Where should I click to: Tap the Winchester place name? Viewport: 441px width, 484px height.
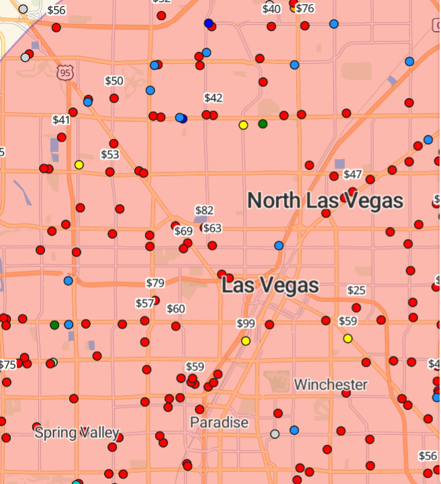pos(331,385)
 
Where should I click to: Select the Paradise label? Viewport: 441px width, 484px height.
pos(219,422)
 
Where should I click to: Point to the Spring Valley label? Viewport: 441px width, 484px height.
pos(77,432)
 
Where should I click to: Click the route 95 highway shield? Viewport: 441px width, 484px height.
pos(64,72)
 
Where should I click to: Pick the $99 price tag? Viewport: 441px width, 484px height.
pos(246,324)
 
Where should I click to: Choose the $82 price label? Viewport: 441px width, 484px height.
pos(204,211)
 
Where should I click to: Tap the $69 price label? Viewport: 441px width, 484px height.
pos(183,231)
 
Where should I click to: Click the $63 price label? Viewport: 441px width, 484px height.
pos(212,228)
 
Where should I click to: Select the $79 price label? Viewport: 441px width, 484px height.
pos(155,283)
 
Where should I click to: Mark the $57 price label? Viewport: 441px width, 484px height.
pos(144,303)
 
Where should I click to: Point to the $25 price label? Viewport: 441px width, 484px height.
pos(356,290)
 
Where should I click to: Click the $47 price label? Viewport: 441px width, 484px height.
pos(352,175)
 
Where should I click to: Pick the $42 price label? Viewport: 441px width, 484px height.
pos(213,98)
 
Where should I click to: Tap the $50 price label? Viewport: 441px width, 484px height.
pos(114,81)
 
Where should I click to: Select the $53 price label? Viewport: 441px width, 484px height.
pos(110,154)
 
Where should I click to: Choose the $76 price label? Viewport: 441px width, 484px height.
pos(305,8)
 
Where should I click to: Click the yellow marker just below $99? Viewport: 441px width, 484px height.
pos(246,341)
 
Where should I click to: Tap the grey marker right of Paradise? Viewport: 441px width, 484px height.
pos(275,434)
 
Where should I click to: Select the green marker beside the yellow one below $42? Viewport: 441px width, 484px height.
pos(262,124)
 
